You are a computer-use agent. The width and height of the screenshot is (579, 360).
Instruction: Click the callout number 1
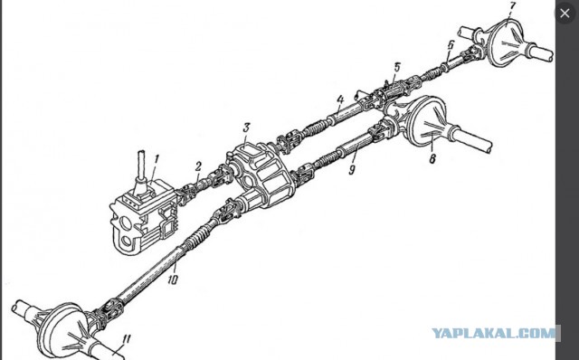click(157, 159)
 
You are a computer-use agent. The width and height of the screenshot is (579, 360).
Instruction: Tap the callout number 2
click(199, 166)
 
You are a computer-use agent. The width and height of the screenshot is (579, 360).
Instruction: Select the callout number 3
click(246, 128)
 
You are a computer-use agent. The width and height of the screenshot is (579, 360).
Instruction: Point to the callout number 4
click(340, 99)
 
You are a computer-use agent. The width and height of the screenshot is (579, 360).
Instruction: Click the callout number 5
click(397, 68)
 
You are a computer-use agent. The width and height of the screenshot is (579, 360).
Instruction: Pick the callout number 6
click(451, 45)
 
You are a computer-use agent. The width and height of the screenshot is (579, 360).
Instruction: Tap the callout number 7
click(512, 7)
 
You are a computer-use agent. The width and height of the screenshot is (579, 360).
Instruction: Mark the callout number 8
click(432, 158)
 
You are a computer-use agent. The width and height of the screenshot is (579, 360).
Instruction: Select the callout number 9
click(352, 169)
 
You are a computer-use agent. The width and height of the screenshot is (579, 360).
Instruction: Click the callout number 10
click(173, 279)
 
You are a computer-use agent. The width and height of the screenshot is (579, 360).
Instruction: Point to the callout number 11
click(126, 340)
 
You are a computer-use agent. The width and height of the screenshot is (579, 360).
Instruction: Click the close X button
click(565, 14)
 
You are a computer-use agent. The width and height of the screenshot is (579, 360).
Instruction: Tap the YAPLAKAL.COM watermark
click(494, 333)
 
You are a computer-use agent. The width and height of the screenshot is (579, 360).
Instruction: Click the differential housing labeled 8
click(428, 123)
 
